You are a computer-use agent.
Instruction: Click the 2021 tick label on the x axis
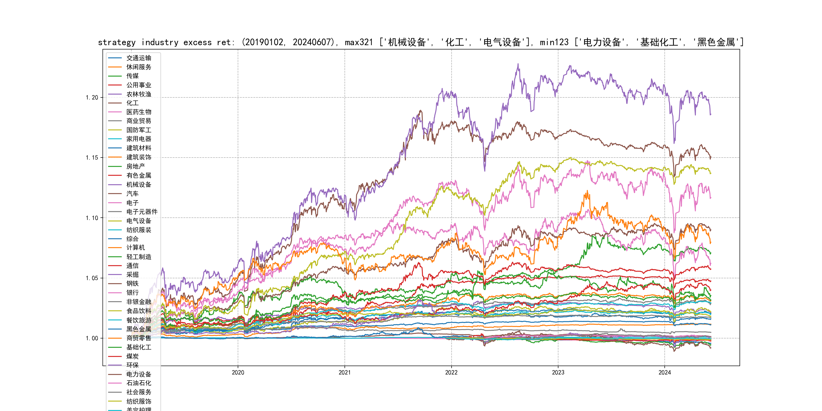[344, 372]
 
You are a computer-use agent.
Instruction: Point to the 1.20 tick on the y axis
[92, 98]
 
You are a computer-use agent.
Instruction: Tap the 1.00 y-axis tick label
[92, 338]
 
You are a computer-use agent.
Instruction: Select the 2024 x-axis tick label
[665, 372]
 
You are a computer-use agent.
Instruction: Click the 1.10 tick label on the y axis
[92, 218]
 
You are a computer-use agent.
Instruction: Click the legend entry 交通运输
[139, 58]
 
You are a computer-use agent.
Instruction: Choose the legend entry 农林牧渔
[139, 94]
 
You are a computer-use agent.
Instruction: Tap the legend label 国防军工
[139, 130]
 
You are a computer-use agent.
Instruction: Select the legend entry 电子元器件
[142, 212]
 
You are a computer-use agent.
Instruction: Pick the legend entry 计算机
[135, 248]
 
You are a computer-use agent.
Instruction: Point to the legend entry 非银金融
[139, 302]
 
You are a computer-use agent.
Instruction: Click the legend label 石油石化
[139, 383]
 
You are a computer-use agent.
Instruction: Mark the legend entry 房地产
[135, 166]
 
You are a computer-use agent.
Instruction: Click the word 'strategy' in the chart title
[116, 42]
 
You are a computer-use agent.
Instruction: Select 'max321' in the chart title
[359, 42]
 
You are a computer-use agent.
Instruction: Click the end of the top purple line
[711, 114]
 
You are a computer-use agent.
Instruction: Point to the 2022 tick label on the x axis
[451, 372]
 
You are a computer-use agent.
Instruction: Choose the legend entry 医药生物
[139, 112]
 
